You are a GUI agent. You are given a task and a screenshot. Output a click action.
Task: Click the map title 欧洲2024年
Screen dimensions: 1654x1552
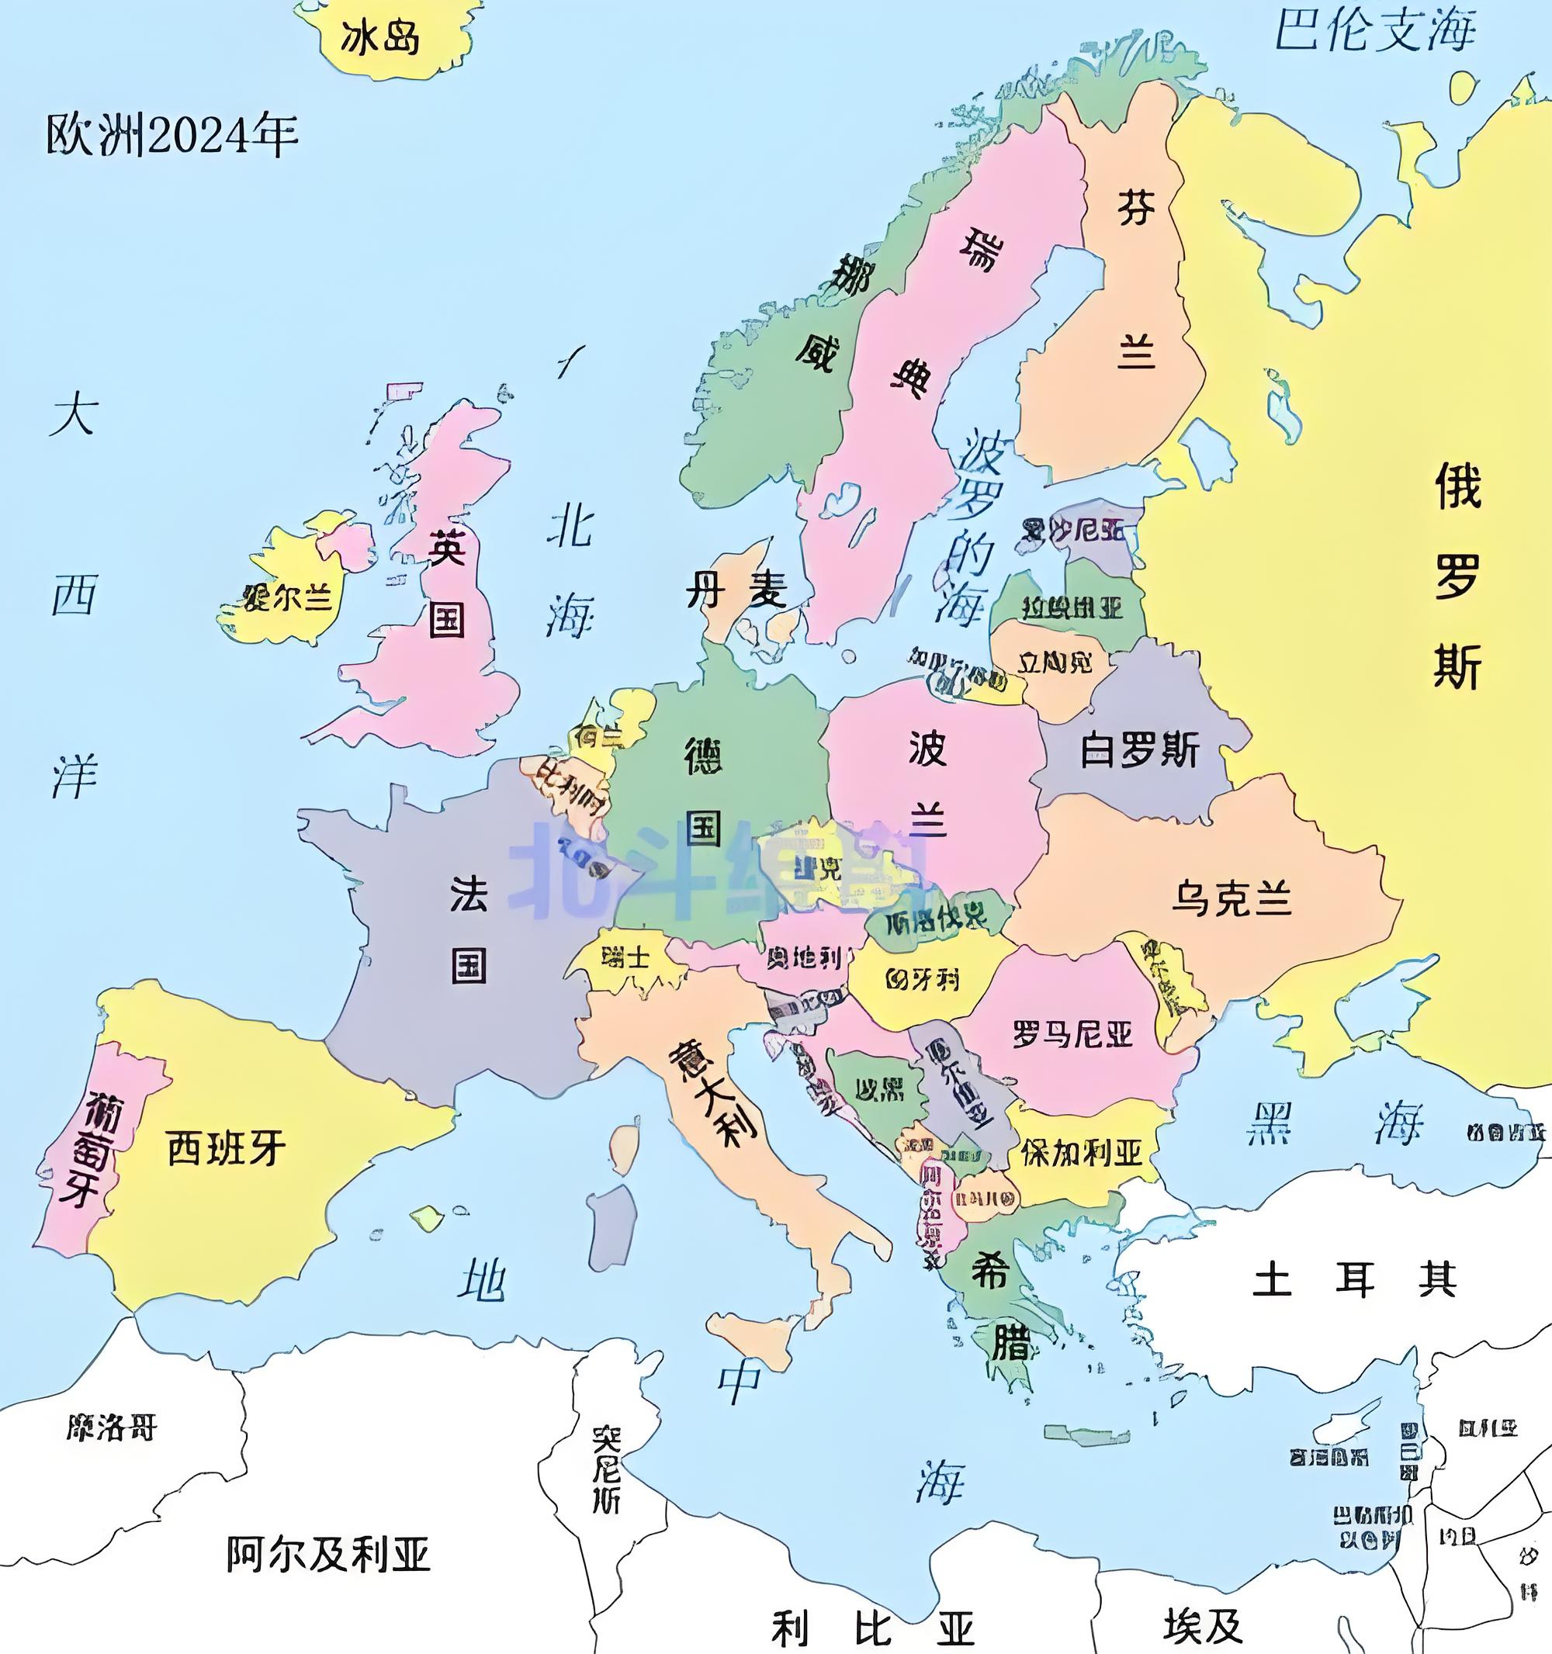(x=171, y=135)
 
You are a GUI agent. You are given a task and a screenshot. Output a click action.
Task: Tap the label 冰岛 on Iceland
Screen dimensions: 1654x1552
(x=379, y=38)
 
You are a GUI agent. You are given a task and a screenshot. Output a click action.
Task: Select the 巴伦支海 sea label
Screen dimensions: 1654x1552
(x=1376, y=32)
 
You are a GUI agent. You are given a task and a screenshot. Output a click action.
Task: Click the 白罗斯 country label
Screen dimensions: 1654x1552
(x=1139, y=750)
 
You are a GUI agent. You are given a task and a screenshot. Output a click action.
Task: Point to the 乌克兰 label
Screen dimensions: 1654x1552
(x=1232, y=899)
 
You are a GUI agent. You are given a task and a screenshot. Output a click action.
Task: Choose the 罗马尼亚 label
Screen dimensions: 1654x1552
(x=1072, y=1034)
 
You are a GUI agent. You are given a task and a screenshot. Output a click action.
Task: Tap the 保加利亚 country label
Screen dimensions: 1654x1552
(x=1081, y=1152)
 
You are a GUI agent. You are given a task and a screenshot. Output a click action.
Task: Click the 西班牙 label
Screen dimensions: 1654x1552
(x=227, y=1148)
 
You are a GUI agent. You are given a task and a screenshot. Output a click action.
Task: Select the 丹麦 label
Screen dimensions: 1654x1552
(x=736, y=592)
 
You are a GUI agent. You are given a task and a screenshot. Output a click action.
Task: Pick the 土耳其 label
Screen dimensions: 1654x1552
(x=1355, y=1279)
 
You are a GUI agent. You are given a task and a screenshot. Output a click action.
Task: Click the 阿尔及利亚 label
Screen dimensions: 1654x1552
(x=328, y=1552)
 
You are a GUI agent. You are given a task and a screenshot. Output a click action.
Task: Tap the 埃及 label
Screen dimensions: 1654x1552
(x=1204, y=1625)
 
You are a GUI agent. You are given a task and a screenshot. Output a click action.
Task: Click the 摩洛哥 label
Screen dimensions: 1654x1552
(x=112, y=1427)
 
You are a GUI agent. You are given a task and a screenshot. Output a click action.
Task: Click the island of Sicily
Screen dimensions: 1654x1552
(x=754, y=1341)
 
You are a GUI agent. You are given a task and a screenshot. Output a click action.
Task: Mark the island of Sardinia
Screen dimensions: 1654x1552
(x=611, y=1228)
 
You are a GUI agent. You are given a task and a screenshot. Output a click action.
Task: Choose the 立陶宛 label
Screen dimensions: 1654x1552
(x=1055, y=663)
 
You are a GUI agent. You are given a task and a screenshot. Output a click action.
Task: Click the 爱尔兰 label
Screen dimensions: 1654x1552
(x=287, y=597)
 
